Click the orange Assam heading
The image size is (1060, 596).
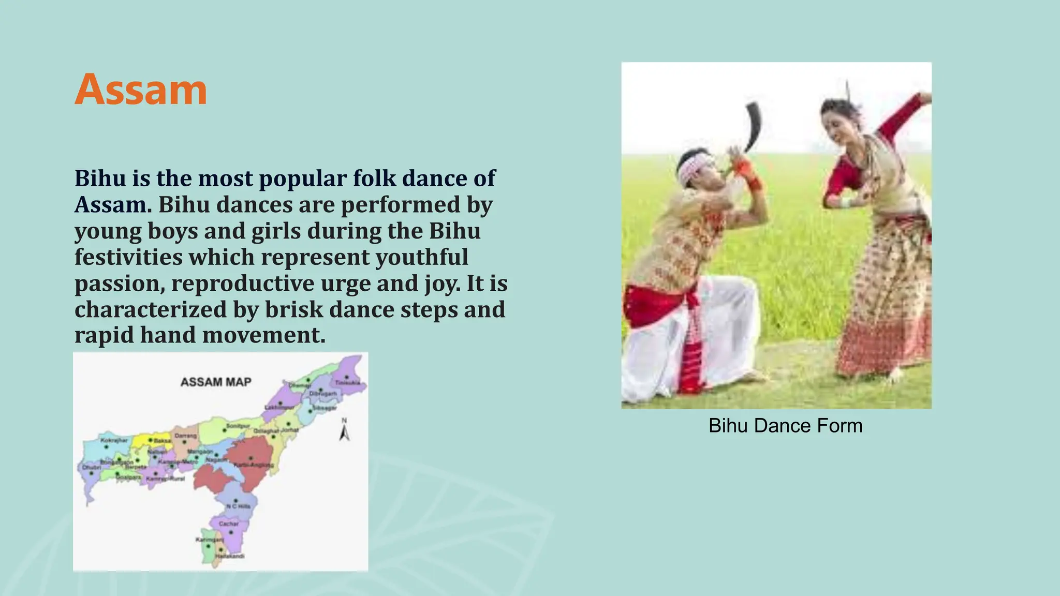click(141, 90)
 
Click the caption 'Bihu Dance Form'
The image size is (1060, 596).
click(785, 426)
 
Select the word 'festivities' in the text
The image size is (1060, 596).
click(128, 257)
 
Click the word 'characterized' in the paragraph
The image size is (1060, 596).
click(151, 310)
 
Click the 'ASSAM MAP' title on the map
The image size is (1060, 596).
click(216, 382)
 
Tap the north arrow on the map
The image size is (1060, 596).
click(344, 430)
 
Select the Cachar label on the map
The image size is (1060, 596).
click(228, 524)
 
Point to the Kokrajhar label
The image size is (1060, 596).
click(114, 440)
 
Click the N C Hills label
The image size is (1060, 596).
click(238, 506)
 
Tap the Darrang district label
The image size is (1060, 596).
click(185, 436)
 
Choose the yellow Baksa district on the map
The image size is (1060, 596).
click(150, 440)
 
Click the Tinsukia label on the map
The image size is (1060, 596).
click(347, 383)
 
